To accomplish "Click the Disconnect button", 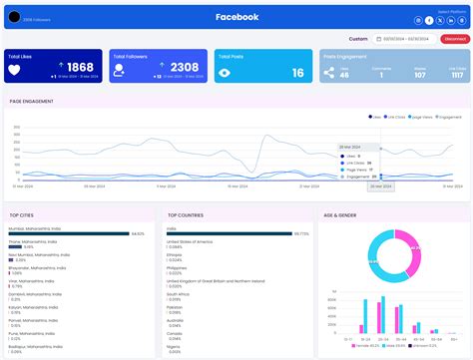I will tap(453, 39).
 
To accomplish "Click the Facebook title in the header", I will tap(236, 17).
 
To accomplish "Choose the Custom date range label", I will tap(358, 39).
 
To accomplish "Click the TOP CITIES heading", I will tap(23, 214).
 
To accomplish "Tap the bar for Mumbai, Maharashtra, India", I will tap(70, 233).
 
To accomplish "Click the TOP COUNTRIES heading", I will tap(187, 214).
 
